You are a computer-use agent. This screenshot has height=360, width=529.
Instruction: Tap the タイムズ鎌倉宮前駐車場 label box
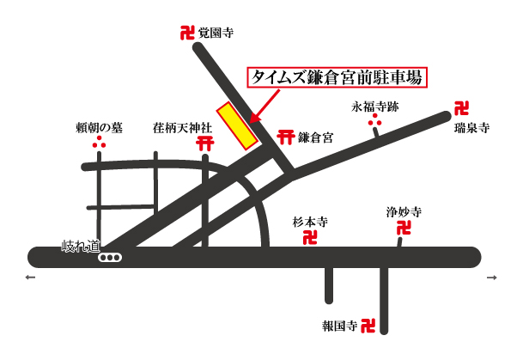pos(337,76)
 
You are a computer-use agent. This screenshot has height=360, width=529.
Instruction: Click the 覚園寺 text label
pos(216,34)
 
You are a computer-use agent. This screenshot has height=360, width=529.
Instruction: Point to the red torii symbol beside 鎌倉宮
pos(282,137)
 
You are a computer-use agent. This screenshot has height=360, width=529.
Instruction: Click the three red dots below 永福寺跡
pos(375,124)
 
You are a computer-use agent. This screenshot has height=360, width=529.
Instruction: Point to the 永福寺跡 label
pos(375,107)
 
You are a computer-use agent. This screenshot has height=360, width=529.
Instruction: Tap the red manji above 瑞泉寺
pos(462,109)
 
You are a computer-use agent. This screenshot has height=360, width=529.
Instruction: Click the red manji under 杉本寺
pos(311,236)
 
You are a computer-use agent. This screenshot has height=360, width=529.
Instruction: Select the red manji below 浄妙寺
pos(403,229)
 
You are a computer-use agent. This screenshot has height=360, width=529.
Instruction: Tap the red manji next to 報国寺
pos(368,326)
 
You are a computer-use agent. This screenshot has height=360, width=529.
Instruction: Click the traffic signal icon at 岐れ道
pos(110,257)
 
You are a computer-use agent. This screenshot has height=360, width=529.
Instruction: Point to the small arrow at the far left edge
pos(32,278)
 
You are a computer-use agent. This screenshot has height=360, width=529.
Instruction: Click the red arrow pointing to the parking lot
pos(264,102)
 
